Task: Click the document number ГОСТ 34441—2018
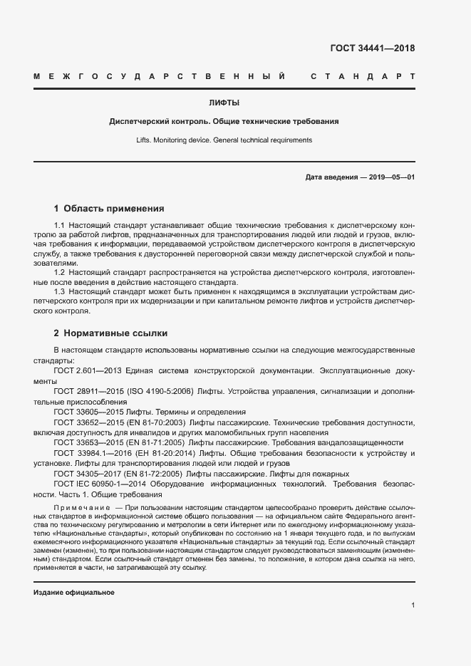click(372, 48)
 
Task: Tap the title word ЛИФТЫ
click(224, 103)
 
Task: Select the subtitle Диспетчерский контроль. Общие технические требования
click(224, 121)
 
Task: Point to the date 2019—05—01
click(391, 177)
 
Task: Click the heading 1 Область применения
click(109, 209)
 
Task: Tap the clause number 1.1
click(59, 226)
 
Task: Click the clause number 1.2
click(59, 272)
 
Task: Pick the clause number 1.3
click(59, 291)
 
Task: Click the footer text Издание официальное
click(74, 592)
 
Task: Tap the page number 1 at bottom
click(413, 605)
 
